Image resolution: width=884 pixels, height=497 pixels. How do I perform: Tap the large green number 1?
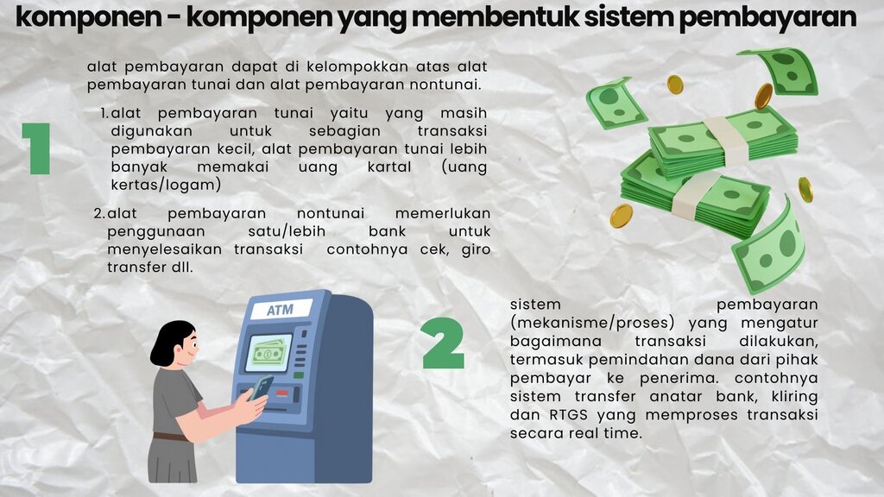coord(37,148)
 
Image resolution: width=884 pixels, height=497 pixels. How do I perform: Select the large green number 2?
coord(443,343)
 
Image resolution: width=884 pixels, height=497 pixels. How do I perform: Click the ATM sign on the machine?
coord(281,310)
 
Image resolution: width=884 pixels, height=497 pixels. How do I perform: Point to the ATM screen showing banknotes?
coord(268,353)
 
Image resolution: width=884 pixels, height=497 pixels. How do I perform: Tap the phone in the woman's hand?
coord(262,387)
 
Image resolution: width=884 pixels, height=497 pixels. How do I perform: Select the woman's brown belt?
coord(171,437)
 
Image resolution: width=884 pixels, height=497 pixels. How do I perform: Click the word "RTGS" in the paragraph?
coord(568,415)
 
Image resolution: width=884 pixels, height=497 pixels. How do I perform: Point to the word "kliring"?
coord(794,397)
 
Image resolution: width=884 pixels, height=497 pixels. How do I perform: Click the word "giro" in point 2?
coord(476,249)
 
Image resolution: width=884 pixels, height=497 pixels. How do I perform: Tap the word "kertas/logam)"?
coord(166,185)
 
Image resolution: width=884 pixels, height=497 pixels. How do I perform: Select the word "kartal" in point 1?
coord(389,167)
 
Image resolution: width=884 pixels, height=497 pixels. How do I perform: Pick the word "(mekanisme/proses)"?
coord(592,323)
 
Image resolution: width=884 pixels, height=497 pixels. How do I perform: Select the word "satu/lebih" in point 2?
coord(287,231)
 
